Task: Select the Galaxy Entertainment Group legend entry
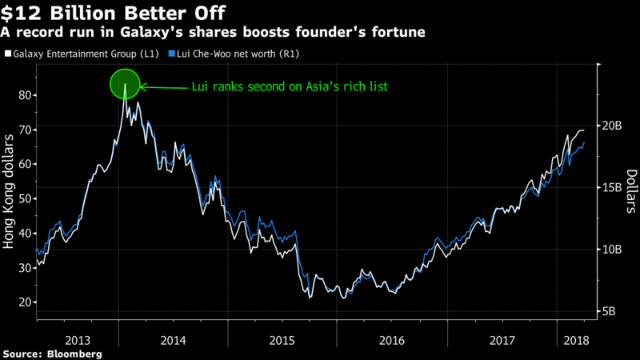coord(89,53)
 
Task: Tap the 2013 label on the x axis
coord(78,340)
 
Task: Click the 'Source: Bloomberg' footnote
coord(52,353)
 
